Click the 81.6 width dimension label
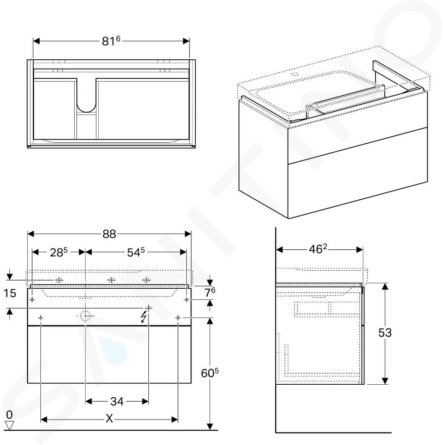[111, 41]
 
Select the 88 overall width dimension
[109, 234]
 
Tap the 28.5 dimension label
[59, 252]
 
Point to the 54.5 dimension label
[136, 252]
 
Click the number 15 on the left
[10, 293]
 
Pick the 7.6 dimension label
[210, 292]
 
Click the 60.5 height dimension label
[210, 373]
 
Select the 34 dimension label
[117, 401]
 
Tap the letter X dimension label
[109, 418]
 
